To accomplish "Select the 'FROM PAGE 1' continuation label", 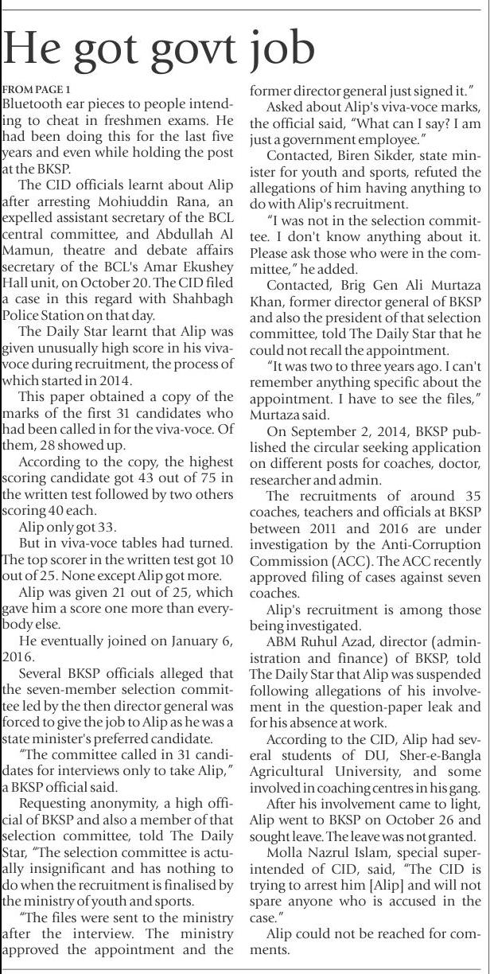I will pos(37,88).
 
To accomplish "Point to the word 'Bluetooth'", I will pos(35,104).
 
